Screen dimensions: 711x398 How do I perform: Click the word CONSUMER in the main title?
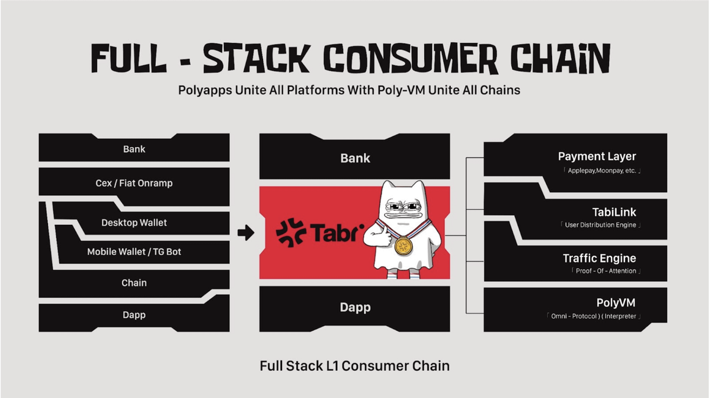point(411,59)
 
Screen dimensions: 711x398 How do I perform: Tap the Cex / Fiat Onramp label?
point(134,183)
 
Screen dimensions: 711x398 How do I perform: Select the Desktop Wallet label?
point(134,222)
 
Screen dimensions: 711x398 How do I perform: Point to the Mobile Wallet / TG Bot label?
point(134,252)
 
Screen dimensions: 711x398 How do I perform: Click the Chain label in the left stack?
point(134,283)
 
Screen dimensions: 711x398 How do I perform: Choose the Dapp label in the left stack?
point(134,315)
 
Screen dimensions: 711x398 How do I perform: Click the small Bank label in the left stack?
point(134,149)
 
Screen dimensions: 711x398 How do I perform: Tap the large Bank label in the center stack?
point(355,158)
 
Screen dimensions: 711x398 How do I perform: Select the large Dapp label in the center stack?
point(355,307)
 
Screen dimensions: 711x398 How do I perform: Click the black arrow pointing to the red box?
point(246,233)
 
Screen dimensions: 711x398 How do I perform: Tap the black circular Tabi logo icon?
point(291,233)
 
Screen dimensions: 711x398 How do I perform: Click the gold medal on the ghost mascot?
point(403,246)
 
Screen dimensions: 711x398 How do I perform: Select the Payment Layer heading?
point(597,156)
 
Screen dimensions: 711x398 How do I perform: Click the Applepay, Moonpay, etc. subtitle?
point(602,171)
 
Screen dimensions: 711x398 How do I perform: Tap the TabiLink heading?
point(614,212)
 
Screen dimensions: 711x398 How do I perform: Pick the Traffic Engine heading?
point(600,258)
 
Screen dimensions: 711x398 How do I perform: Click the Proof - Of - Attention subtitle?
point(606,271)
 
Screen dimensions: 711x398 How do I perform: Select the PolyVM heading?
point(616,303)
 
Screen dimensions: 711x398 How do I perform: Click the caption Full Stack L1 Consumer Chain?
point(354,366)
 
